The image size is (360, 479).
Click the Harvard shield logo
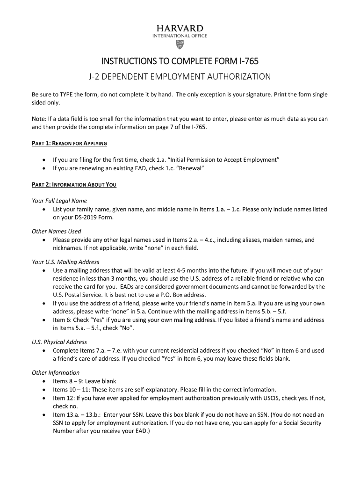(180, 44)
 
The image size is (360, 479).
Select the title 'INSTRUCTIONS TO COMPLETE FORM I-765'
(180, 62)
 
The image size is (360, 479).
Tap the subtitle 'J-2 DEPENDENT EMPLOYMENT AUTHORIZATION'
(180, 76)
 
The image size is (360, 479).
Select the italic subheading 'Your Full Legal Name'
(59, 201)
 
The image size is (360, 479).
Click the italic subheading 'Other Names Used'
(56, 231)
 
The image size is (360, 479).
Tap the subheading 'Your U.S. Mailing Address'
(65, 262)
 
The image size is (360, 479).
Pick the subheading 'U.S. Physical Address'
(59, 342)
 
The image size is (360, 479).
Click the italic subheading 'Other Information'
(56, 373)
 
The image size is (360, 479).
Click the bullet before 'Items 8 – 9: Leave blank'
(43, 381)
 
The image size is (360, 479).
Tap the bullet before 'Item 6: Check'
(43, 320)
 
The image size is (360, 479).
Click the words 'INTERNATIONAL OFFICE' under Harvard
(180, 36)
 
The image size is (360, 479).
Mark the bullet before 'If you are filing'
(43, 160)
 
